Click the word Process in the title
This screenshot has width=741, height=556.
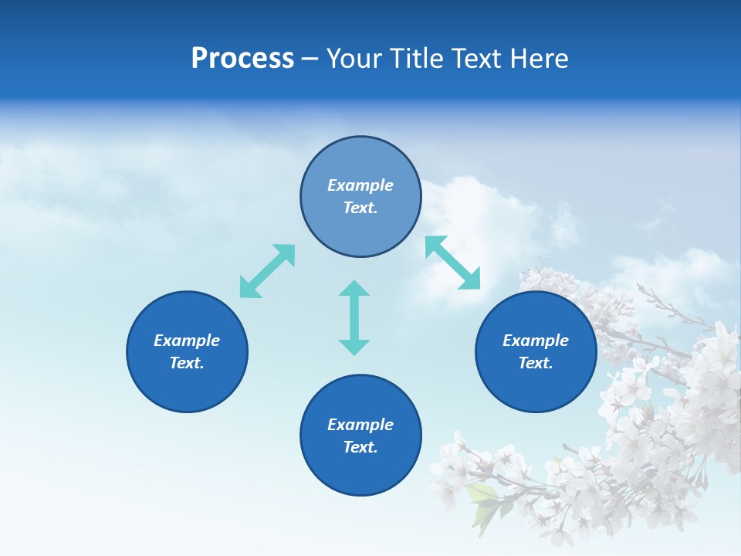[x=242, y=59]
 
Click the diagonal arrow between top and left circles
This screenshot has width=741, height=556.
[x=267, y=271]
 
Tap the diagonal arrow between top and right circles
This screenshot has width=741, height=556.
[x=453, y=263]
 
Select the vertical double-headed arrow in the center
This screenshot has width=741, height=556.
[x=354, y=317]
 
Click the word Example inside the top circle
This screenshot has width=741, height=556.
[x=360, y=185]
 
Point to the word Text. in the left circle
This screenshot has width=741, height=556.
[x=187, y=363]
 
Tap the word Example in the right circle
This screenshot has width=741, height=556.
[x=536, y=341]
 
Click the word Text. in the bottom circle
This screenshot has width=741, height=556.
[x=360, y=447]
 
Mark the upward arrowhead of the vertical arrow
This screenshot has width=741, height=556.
[x=354, y=288]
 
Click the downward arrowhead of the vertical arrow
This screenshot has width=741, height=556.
[x=354, y=347]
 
